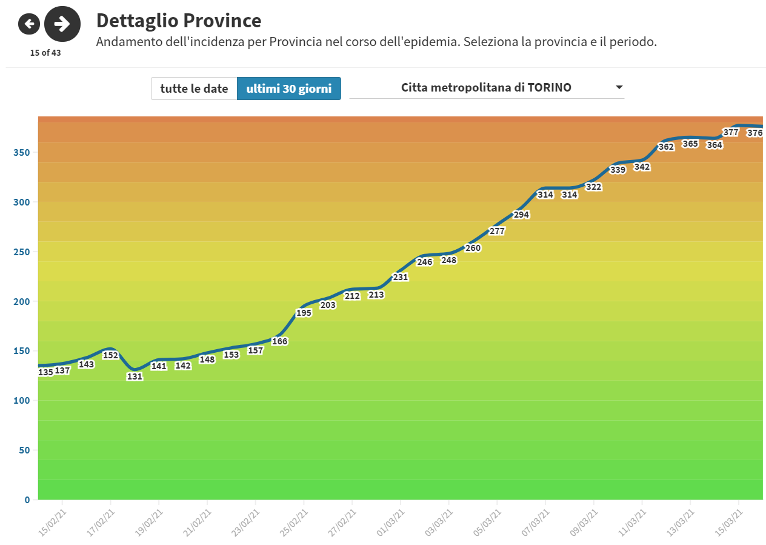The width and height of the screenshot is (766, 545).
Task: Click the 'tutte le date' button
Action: (194, 89)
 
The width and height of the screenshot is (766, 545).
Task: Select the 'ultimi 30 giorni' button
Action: (288, 89)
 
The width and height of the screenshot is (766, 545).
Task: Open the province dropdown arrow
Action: (619, 87)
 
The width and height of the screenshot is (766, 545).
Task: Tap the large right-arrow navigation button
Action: (62, 24)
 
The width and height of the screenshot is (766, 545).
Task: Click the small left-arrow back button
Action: (29, 24)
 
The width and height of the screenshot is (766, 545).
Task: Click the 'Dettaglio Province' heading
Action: (179, 21)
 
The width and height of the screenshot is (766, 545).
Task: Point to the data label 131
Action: (135, 376)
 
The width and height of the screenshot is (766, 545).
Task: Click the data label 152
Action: (110, 355)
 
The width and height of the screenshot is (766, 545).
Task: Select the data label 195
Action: (304, 313)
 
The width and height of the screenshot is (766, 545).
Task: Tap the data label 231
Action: (401, 277)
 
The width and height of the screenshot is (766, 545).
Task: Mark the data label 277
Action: (497, 231)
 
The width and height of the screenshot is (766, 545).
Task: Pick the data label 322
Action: (594, 187)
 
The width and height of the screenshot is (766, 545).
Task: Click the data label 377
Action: (731, 132)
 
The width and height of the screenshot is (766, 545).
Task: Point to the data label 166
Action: (280, 341)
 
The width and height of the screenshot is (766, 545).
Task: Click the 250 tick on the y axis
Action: (22, 252)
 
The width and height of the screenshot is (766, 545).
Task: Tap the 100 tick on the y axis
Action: (22, 401)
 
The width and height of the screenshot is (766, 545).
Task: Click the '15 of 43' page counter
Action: (45, 53)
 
